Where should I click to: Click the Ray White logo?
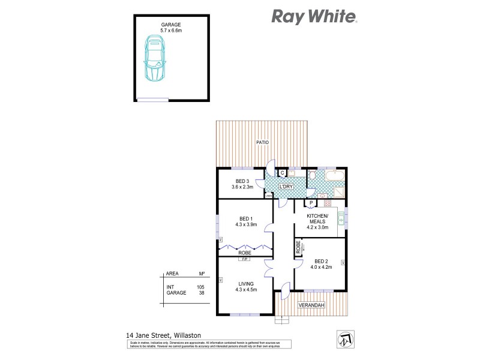pos(314,16)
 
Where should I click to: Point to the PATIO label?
pos(262,142)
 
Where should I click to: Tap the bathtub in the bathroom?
pos(331,176)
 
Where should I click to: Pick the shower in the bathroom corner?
pos(338,191)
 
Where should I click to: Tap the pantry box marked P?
pos(311,203)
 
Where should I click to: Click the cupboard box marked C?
pos(283,173)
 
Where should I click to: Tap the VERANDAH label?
pos(311,306)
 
